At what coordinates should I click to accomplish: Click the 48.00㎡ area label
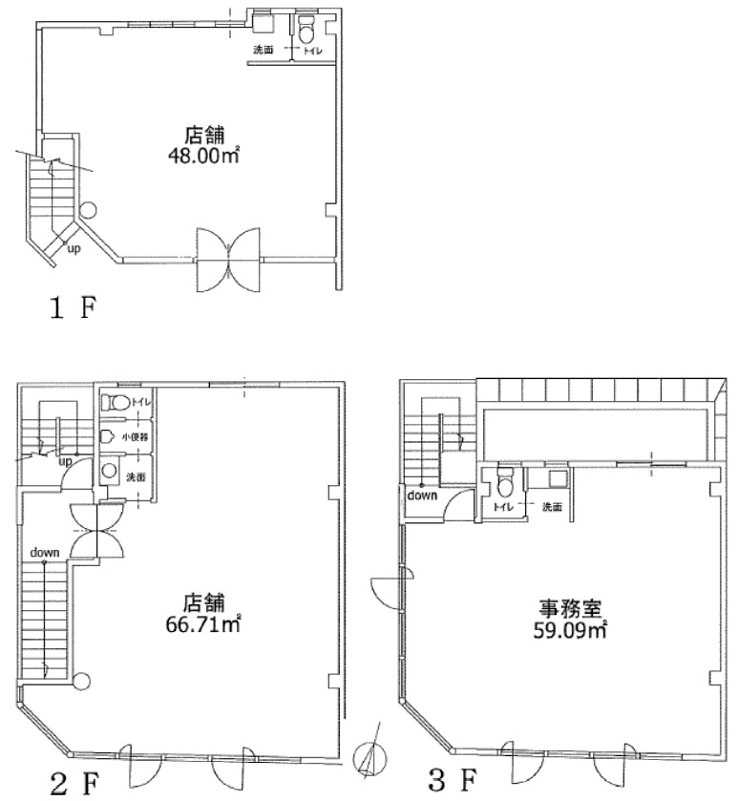click(x=203, y=155)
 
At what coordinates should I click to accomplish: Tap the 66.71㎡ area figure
click(x=203, y=624)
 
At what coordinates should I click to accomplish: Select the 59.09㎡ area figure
click(x=570, y=630)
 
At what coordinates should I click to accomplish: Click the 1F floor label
click(x=73, y=309)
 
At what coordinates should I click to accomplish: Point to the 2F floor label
click(x=74, y=784)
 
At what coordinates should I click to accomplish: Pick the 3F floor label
click(x=453, y=780)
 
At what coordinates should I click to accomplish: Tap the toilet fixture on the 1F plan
click(x=307, y=31)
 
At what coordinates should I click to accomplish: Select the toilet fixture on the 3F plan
click(x=505, y=484)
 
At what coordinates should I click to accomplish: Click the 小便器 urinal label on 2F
click(x=136, y=437)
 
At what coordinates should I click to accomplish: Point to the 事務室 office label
click(x=571, y=608)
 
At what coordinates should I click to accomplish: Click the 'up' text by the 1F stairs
click(x=74, y=250)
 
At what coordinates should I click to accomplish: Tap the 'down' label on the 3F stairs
click(x=422, y=495)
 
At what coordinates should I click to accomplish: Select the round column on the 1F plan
click(x=89, y=209)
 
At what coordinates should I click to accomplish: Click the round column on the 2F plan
click(x=81, y=681)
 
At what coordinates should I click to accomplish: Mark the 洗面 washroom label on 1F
click(x=264, y=50)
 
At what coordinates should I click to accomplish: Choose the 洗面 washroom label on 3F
click(x=552, y=507)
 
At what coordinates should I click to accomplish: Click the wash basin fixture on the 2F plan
click(x=109, y=470)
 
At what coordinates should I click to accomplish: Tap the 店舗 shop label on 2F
click(x=203, y=602)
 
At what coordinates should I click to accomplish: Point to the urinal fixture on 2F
click(x=107, y=436)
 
